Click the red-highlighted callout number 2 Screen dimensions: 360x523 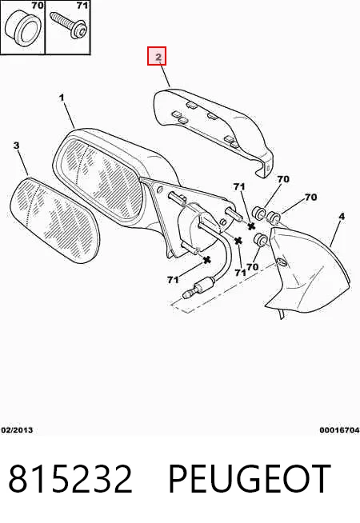click(157, 56)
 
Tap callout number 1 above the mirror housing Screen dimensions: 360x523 click(62, 98)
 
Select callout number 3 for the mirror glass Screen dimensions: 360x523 click(16, 146)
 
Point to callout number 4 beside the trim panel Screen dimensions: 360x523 click(342, 217)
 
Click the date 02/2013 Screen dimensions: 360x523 click(17, 430)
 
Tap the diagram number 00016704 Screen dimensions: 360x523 click(339, 430)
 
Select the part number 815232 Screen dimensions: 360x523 click(70, 479)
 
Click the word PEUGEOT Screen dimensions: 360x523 click(250, 479)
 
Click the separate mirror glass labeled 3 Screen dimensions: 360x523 click(54, 221)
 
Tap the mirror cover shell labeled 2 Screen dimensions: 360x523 click(214, 131)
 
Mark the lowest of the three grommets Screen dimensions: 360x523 click(259, 239)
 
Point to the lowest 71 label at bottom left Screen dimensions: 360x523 click(173, 280)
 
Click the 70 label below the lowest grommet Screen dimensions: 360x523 click(253, 267)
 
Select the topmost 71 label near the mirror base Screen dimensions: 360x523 click(239, 187)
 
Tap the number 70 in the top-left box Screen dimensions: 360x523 click(37, 6)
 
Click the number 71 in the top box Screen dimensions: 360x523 click(82, 6)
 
